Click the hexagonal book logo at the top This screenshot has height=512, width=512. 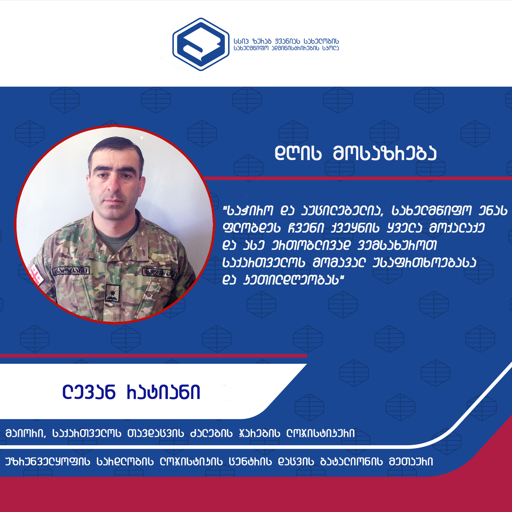pyautogui.click(x=201, y=44)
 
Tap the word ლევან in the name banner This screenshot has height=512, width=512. pyautogui.click(x=89, y=392)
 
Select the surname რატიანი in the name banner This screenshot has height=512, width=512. pyautogui.click(x=164, y=392)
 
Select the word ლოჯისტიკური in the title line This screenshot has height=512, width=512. pyautogui.click(x=320, y=433)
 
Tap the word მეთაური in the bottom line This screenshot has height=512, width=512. pyautogui.click(x=411, y=461)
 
